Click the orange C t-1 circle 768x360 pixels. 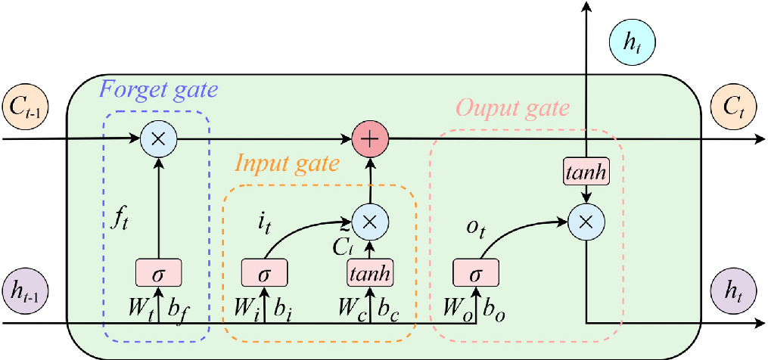(26, 107)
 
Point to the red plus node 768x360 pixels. (371, 140)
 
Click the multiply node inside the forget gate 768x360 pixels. (158, 140)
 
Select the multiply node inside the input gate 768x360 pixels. (371, 221)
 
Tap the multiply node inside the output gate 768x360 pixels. (585, 221)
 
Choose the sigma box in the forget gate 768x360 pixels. (158, 272)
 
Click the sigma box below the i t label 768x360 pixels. (263, 272)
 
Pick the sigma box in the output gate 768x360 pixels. (476, 272)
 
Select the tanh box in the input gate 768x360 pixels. (371, 272)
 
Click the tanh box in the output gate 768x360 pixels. (585, 173)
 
